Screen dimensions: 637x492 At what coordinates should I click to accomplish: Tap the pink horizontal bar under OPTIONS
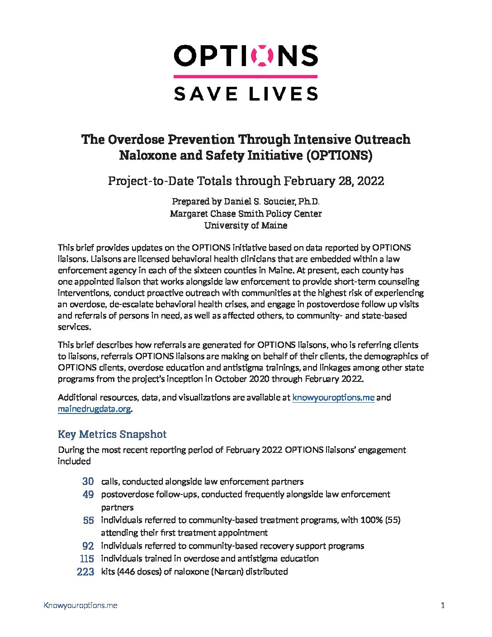tap(246, 76)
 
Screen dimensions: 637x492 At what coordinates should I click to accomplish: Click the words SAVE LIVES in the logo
tap(246, 93)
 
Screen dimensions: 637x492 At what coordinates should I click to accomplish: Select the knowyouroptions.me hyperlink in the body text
tap(333, 398)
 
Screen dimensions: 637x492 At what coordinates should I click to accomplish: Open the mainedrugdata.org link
tap(94, 409)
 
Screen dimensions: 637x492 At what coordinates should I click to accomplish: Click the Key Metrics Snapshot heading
tap(112, 434)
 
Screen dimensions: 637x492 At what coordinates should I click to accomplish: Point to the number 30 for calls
tap(88, 482)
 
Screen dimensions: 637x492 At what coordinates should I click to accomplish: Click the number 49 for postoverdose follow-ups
tap(88, 494)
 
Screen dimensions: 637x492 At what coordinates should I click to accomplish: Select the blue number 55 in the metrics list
tap(88, 520)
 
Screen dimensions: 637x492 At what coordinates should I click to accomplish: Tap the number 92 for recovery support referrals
tap(88, 546)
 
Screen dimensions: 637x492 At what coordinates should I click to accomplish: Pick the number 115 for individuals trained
tap(86, 559)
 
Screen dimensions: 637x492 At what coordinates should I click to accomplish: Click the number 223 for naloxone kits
tap(85, 572)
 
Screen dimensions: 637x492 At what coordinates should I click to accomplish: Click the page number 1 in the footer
tap(443, 605)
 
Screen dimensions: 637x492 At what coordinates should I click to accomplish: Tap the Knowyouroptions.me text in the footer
tap(80, 605)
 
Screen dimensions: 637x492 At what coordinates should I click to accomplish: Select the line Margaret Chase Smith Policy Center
tap(246, 213)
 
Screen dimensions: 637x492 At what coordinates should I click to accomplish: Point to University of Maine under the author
tap(246, 225)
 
